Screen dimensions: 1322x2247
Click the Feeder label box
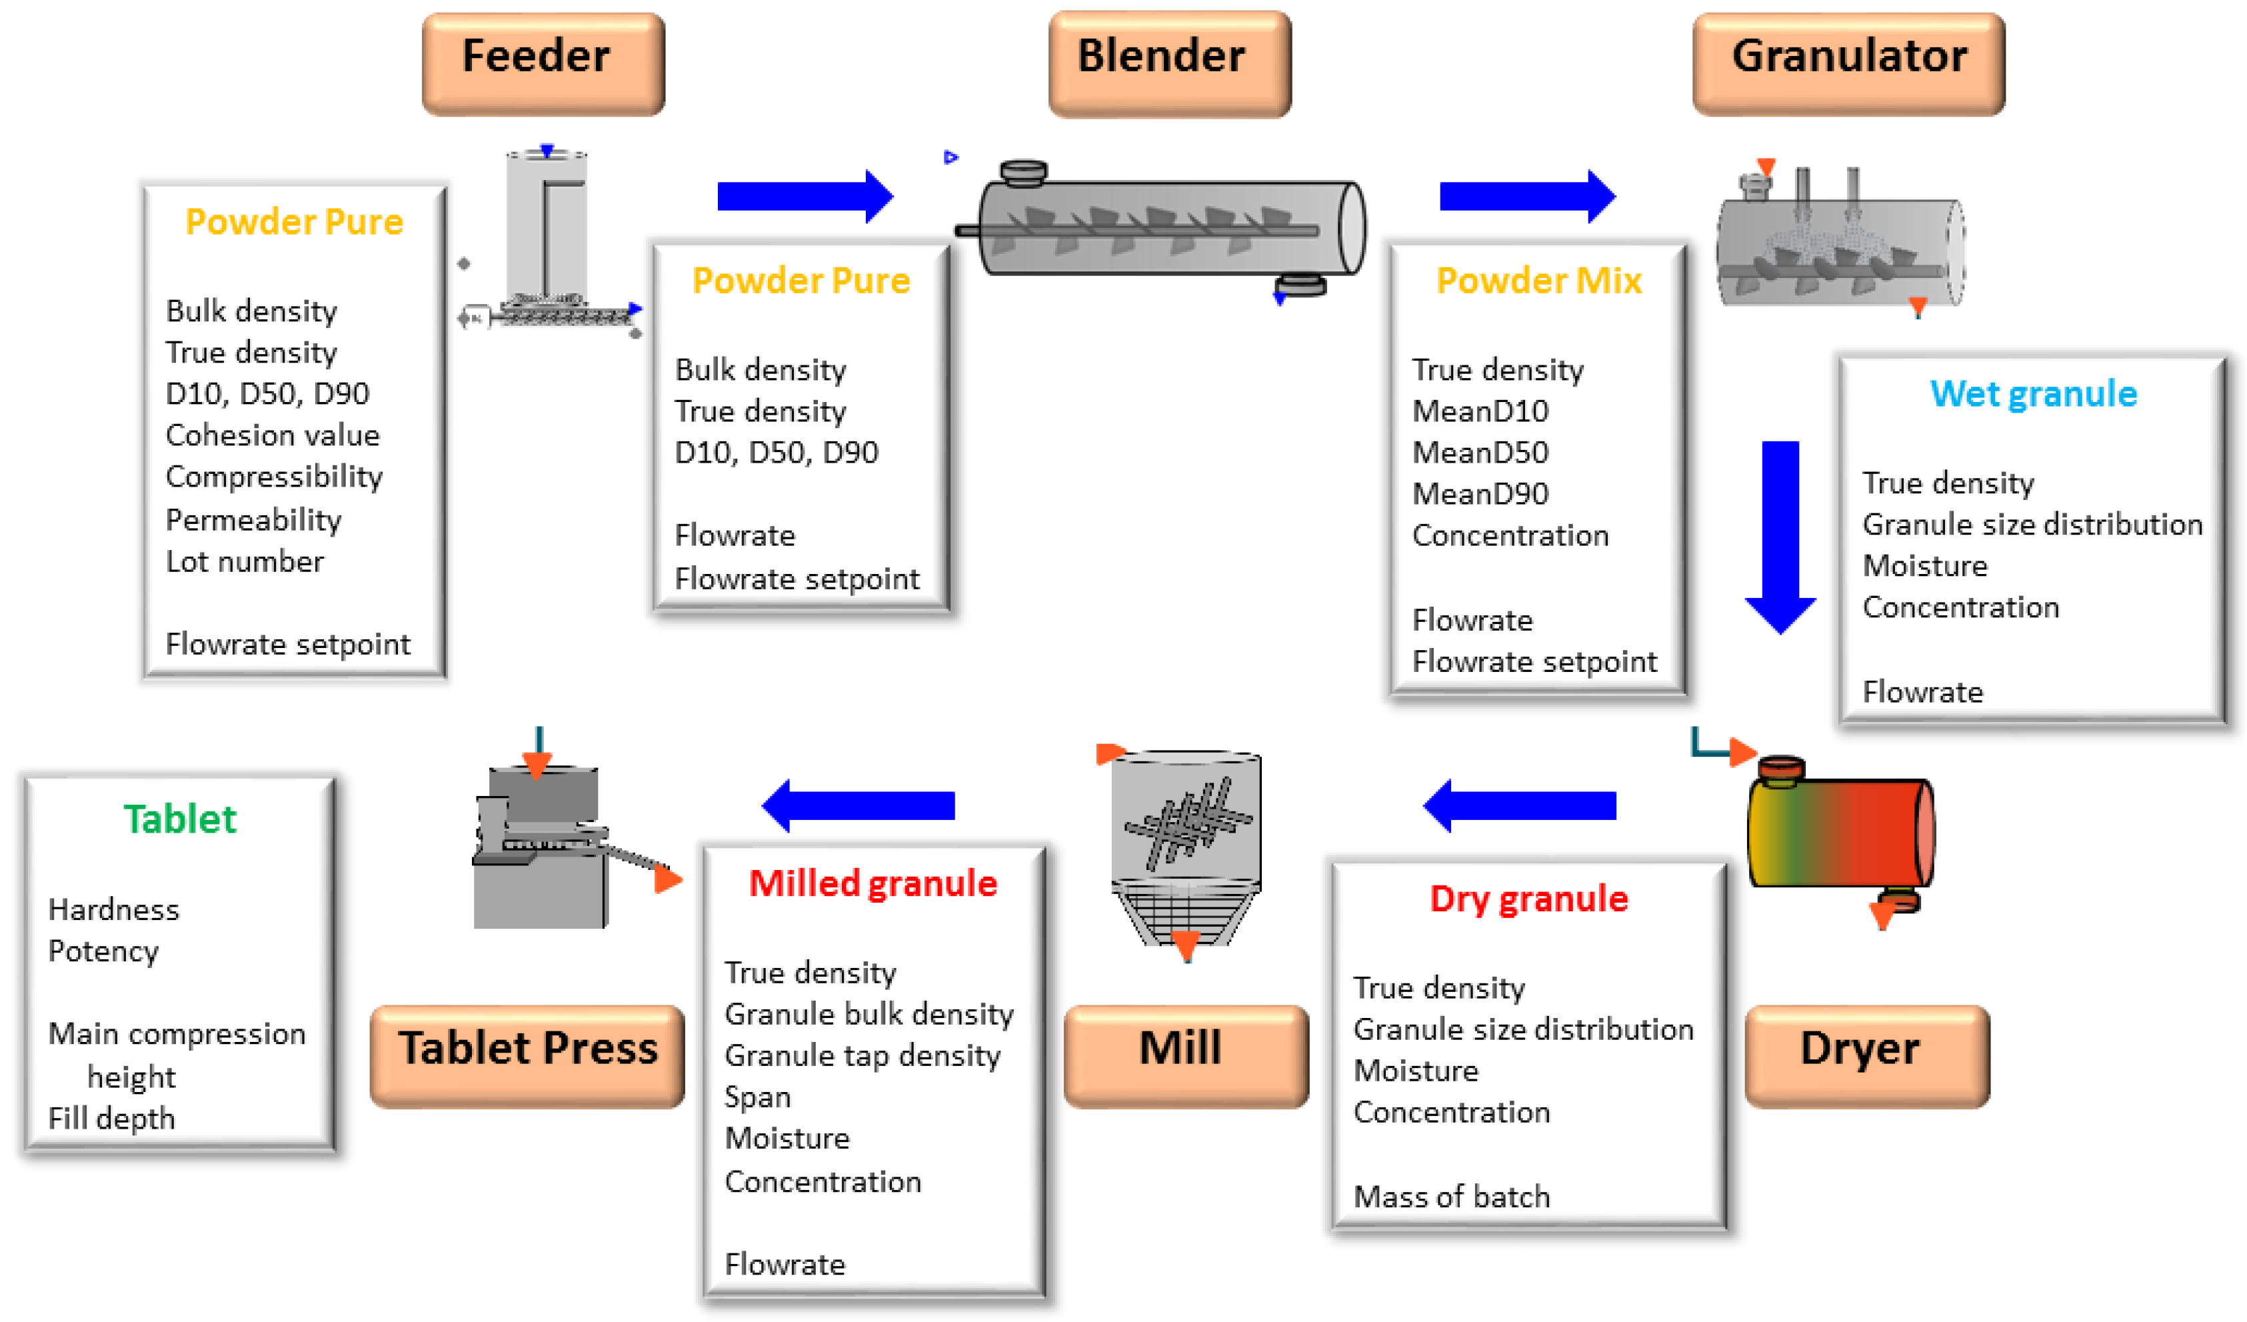(x=543, y=63)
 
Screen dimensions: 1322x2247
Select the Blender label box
(x=1169, y=63)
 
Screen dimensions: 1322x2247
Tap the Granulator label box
(x=1848, y=63)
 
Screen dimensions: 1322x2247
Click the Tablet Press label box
(x=527, y=1055)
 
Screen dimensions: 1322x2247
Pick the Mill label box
(x=1185, y=1055)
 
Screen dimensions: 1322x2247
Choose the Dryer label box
(x=1866, y=1055)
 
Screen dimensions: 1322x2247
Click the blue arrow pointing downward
(x=1780, y=535)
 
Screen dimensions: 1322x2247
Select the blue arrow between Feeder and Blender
(x=803, y=195)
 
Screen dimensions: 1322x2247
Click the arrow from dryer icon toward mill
(x=1520, y=805)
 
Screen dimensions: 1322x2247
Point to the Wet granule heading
(x=2033, y=393)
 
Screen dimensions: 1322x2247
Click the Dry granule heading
(x=1528, y=898)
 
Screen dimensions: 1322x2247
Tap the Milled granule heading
(x=872, y=883)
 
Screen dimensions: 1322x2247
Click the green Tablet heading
(x=180, y=819)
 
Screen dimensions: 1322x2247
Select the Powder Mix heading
(x=1538, y=280)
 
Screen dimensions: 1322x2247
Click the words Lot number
(x=245, y=562)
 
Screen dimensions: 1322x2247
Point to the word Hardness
(x=113, y=909)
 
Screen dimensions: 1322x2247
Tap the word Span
(x=757, y=1096)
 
